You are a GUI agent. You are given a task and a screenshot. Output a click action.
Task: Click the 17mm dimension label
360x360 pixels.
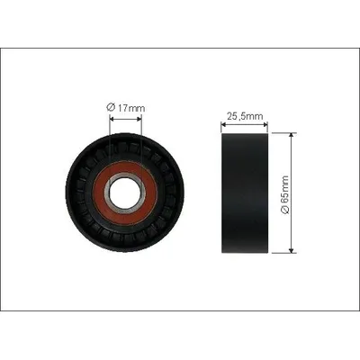pyautogui.click(x=126, y=107)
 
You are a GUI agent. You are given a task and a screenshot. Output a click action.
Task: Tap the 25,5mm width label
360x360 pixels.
pyautogui.click(x=245, y=116)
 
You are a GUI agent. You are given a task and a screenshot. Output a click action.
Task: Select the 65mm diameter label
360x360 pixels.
pyautogui.click(x=284, y=194)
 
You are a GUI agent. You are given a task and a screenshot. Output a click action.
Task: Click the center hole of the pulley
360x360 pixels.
pyautogui.click(x=125, y=193)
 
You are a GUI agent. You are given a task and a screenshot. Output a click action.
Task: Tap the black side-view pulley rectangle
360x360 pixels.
pyautogui.click(x=245, y=193)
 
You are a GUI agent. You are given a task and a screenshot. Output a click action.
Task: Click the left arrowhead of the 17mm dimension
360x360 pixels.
pyautogui.click(x=112, y=119)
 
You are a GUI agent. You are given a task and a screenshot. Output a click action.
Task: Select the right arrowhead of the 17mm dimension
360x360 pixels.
pyautogui.click(x=139, y=119)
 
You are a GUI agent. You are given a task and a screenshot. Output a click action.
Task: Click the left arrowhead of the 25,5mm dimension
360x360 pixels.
pyautogui.click(x=223, y=124)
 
